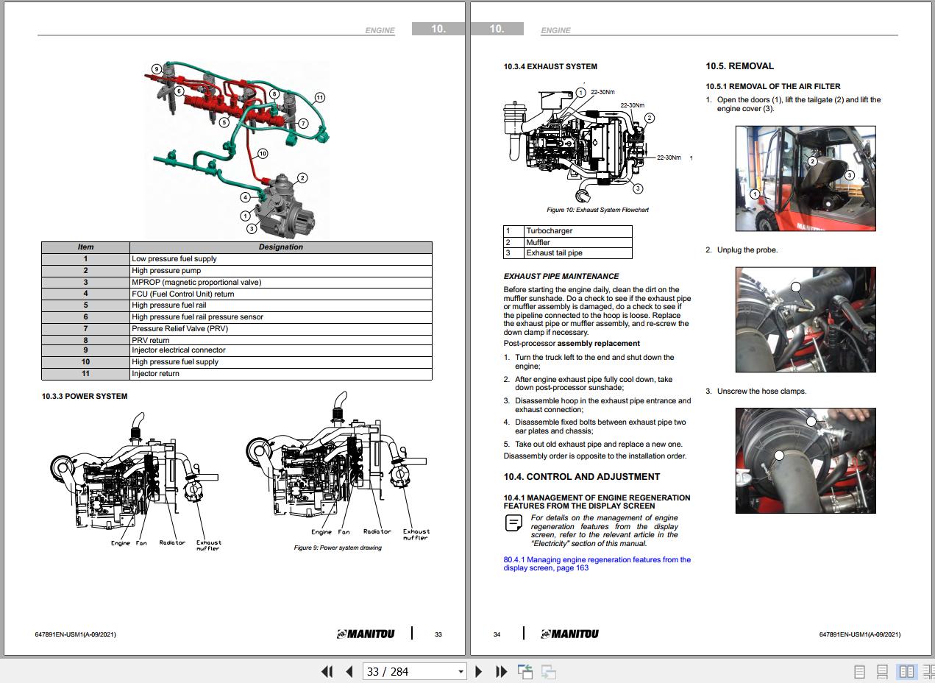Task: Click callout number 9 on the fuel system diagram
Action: click(x=156, y=69)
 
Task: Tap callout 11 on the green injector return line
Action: click(x=319, y=98)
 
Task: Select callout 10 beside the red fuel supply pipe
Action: click(x=263, y=154)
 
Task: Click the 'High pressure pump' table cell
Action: click(x=280, y=270)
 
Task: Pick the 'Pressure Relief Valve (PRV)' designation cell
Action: click(x=280, y=329)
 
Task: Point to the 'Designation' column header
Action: click(x=280, y=247)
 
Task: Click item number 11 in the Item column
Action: click(x=85, y=373)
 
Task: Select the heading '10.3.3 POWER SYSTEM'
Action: click(x=85, y=396)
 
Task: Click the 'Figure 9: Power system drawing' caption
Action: click(x=338, y=548)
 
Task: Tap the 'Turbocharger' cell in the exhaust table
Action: click(x=577, y=231)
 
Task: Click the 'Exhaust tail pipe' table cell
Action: click(x=577, y=253)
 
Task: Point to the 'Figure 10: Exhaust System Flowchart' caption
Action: click(x=598, y=210)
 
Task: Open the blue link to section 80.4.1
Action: click(x=597, y=564)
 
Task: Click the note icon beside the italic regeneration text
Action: click(x=513, y=523)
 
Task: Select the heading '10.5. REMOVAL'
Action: click(x=739, y=66)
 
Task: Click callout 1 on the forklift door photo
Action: click(x=755, y=194)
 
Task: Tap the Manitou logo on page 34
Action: click(x=569, y=634)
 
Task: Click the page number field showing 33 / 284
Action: click(x=414, y=672)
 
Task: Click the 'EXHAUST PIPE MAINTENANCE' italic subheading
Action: click(x=561, y=277)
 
